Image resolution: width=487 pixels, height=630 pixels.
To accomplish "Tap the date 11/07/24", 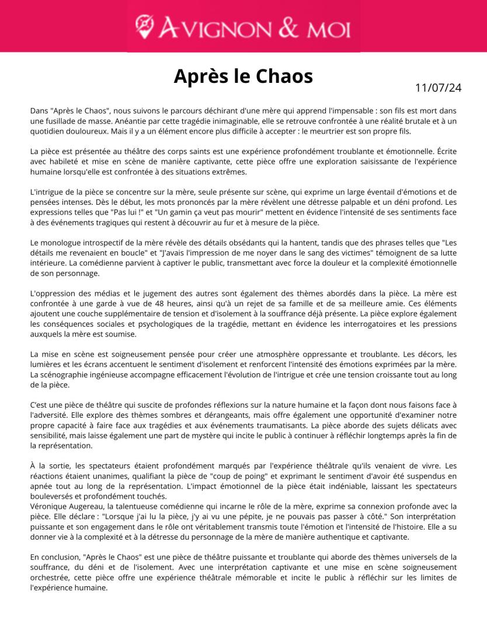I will [x=438, y=88].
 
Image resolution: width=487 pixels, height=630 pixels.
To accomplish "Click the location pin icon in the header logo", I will [x=145, y=25].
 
